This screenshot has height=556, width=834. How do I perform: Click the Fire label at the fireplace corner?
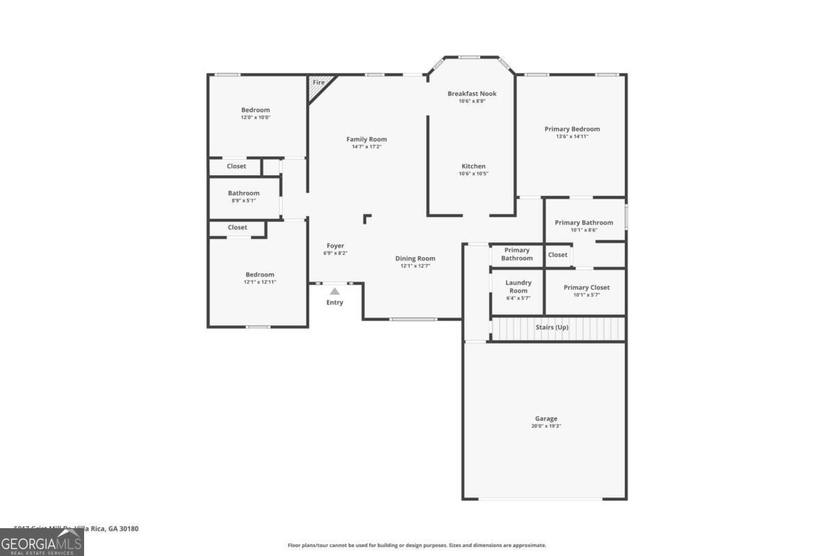[318, 83]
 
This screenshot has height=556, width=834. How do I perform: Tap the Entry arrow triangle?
[335, 292]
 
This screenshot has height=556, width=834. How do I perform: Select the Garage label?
[546, 418]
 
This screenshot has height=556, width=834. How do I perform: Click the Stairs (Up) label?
[552, 327]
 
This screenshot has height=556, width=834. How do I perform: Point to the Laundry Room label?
[518, 286]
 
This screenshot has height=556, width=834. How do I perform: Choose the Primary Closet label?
[586, 288]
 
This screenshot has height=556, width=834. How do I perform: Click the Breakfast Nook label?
[472, 93]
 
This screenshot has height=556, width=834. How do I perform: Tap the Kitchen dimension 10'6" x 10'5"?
[473, 174]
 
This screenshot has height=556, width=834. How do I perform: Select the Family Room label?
[366, 139]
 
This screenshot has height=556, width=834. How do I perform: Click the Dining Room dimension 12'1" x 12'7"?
[416, 266]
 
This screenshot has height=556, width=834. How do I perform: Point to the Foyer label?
[336, 245]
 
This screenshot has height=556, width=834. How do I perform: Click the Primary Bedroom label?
[572, 129]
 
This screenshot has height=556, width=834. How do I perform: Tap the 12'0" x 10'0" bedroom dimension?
[255, 117]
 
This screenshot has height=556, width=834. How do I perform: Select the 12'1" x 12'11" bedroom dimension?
[259, 282]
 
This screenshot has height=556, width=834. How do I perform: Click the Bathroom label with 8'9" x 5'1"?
[243, 193]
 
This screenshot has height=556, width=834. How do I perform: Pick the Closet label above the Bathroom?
[236, 166]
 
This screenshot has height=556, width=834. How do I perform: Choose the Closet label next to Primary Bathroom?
[557, 255]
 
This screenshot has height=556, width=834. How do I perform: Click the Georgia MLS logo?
[42, 542]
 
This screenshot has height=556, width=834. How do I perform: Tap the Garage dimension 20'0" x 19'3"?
[546, 426]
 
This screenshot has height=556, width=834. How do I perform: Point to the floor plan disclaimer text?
[417, 546]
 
